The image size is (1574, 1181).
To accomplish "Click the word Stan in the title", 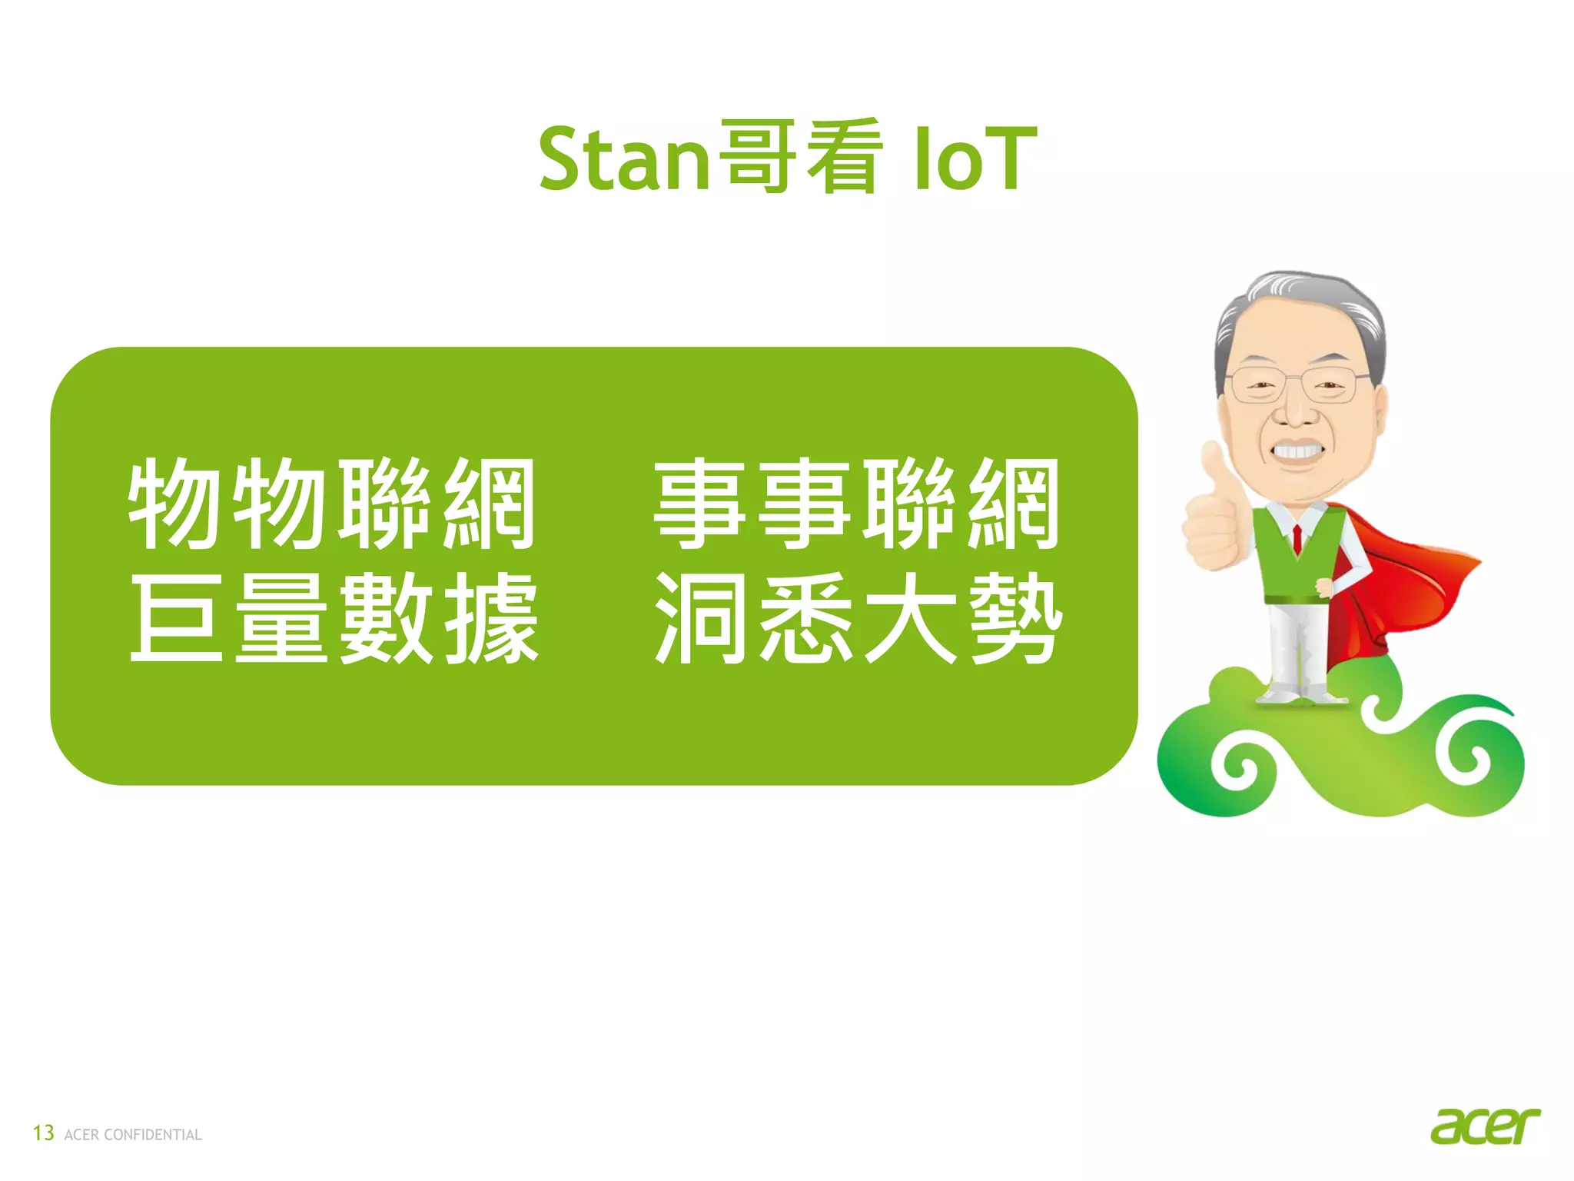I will click(x=623, y=159).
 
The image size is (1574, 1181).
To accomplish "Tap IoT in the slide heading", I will click(x=975, y=159).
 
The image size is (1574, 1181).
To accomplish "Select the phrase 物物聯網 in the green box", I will click(x=332, y=504).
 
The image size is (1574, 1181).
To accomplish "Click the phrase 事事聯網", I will click(x=857, y=504).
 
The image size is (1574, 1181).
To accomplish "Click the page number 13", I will click(x=43, y=1133).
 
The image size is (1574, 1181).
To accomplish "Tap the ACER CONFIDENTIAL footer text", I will click(x=133, y=1135).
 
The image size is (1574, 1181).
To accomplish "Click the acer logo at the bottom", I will click(x=1484, y=1126).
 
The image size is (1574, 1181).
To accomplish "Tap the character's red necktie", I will click(x=1297, y=538).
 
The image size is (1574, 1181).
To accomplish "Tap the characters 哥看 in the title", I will click(x=799, y=157).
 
